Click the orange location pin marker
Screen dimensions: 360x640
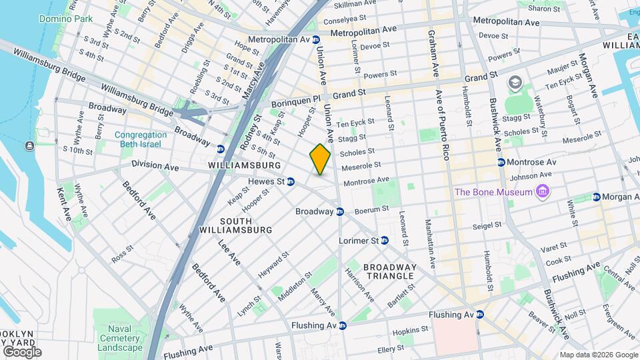[x=320, y=159]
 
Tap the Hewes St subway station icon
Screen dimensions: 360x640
[x=291, y=181]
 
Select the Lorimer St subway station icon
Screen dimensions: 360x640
[x=385, y=240]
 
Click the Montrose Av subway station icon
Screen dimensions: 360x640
[x=501, y=162]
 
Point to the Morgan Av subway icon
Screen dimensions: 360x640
[x=597, y=197]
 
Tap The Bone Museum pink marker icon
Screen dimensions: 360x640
[x=543, y=193]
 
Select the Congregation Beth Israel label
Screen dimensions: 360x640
[x=140, y=139]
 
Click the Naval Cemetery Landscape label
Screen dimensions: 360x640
[x=119, y=337]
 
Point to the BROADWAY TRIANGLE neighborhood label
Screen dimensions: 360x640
[x=390, y=271]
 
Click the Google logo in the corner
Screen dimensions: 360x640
[x=21, y=351]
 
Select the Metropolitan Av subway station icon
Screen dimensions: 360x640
[x=315, y=40]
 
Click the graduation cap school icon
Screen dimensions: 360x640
[x=515, y=83]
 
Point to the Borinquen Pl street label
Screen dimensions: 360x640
[x=297, y=104]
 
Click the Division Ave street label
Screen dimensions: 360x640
[x=155, y=164]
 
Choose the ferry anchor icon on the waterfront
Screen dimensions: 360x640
[x=30, y=145]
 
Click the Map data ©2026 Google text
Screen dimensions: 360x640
[x=598, y=355]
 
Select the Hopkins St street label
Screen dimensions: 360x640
[x=409, y=329]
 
